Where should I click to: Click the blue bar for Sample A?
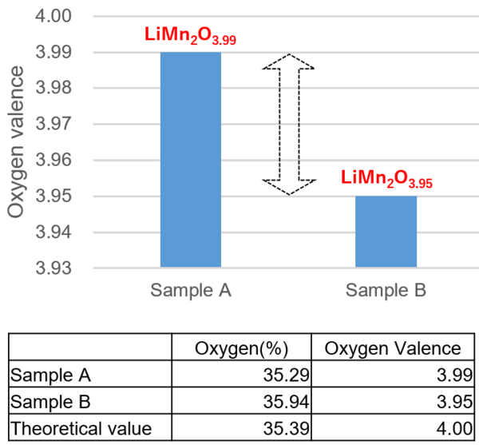coord(191,160)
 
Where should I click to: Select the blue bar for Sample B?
coord(386,232)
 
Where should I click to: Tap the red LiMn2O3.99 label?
coord(190,37)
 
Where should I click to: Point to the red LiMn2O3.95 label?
coord(386,180)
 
